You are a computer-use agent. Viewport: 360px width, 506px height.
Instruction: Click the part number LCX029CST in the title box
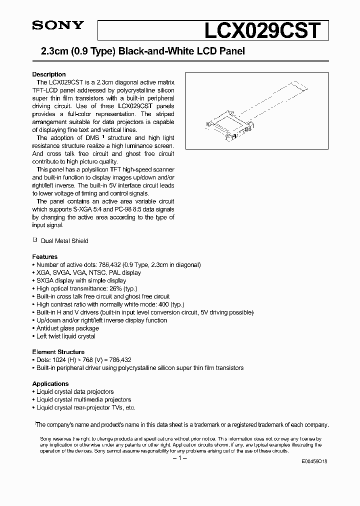click(x=260, y=31)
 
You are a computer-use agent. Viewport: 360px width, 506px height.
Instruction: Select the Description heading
click(x=49, y=74)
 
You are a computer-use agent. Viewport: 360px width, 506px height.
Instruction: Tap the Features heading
click(x=45, y=256)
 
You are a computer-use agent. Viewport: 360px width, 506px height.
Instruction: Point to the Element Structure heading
click(x=58, y=351)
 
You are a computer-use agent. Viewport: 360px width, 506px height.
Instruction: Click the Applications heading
click(x=50, y=383)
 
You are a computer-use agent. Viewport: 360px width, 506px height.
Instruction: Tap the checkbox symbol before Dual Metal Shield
click(x=35, y=240)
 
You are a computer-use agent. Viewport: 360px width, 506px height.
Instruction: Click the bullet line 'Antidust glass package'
click(x=67, y=328)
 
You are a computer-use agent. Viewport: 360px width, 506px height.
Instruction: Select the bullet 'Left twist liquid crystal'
click(x=65, y=336)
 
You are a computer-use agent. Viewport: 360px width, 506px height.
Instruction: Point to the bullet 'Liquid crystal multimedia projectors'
click(x=83, y=399)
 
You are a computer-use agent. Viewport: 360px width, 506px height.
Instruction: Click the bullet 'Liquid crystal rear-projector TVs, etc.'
click(x=85, y=407)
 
